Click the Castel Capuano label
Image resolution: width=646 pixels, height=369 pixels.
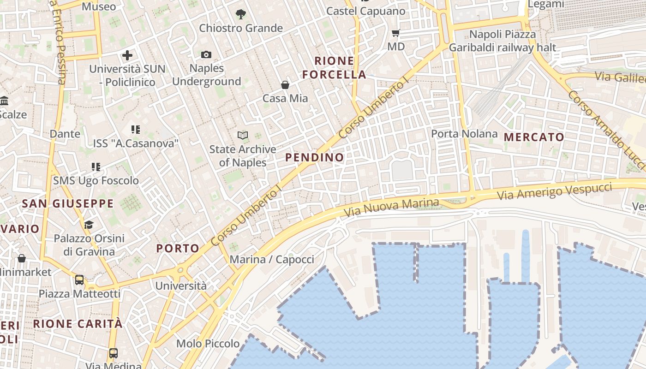(x=366, y=11)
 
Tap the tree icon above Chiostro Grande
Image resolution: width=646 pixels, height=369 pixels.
(x=240, y=14)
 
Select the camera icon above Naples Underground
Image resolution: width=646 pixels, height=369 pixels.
(x=206, y=55)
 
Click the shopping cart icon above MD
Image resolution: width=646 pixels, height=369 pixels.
(x=395, y=33)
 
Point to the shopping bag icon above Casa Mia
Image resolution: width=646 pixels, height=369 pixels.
(x=285, y=85)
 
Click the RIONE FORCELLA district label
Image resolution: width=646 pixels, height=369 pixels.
(x=334, y=67)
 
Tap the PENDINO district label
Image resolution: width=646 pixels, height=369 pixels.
(x=315, y=157)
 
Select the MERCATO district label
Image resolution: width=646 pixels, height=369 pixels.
(x=534, y=137)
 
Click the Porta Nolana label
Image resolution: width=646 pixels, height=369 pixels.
(x=464, y=134)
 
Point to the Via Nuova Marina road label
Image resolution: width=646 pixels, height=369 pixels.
(x=392, y=207)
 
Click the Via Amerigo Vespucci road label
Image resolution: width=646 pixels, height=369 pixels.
(x=555, y=191)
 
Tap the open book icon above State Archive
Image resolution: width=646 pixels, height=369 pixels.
(x=243, y=135)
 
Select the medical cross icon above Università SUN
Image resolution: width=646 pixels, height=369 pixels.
(x=127, y=56)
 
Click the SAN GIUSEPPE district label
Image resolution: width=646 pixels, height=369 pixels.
(x=68, y=203)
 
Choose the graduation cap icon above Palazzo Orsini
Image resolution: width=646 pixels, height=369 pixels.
(x=89, y=225)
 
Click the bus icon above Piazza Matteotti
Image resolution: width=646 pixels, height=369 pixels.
(x=79, y=280)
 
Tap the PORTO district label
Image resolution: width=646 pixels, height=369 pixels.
(x=178, y=248)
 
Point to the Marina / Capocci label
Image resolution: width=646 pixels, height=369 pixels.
(x=272, y=259)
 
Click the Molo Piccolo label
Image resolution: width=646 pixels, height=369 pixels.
(x=208, y=344)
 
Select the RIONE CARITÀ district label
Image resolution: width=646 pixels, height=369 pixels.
(x=78, y=324)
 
